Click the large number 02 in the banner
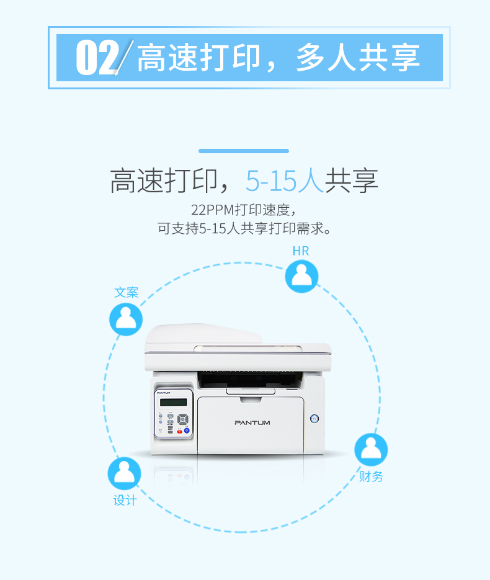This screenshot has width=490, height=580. [x=97, y=58]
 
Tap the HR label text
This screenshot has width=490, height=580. [x=301, y=251]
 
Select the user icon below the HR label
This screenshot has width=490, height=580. [x=302, y=276]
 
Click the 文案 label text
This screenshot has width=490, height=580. [x=126, y=293]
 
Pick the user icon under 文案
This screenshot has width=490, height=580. [x=126, y=319]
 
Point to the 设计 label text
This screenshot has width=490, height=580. [x=125, y=501]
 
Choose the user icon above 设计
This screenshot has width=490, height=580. [x=124, y=473]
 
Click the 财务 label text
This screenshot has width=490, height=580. [x=371, y=476]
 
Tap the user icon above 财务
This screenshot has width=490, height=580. [x=371, y=450]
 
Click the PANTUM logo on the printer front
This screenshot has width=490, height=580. [x=252, y=422]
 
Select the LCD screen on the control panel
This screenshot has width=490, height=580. [x=174, y=402]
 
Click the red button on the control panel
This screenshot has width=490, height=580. [x=180, y=431]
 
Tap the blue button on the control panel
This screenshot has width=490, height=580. [x=187, y=431]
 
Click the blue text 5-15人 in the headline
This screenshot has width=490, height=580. [x=285, y=181]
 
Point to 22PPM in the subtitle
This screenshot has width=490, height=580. [x=213, y=210]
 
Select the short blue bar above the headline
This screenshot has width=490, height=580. [x=244, y=151]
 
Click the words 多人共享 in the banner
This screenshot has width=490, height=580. [x=358, y=58]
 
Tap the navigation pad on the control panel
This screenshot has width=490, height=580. [x=183, y=419]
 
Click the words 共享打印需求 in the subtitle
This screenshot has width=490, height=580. [x=282, y=229]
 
